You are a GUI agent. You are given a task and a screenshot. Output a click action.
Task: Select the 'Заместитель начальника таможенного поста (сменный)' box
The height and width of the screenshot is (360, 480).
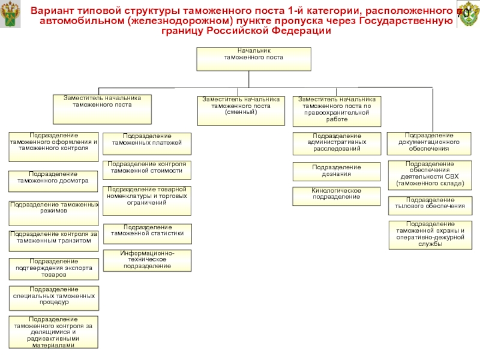point(241,110)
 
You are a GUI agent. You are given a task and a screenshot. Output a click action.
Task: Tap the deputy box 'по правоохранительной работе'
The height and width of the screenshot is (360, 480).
point(337,110)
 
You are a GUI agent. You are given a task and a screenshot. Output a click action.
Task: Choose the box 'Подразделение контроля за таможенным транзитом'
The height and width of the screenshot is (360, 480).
point(53,241)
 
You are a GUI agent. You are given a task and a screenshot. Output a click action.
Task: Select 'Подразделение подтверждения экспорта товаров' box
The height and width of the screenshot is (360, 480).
point(53,269)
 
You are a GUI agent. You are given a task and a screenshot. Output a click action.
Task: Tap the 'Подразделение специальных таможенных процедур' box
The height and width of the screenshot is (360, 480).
point(53,298)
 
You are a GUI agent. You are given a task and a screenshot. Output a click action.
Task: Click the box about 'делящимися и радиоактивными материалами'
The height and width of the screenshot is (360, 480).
point(53,332)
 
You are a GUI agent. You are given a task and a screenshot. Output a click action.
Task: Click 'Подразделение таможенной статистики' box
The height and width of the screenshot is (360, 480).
point(147,233)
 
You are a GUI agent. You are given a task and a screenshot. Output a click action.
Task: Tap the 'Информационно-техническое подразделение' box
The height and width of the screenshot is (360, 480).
point(147,260)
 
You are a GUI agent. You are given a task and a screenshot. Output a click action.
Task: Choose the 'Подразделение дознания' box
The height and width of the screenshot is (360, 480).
point(337,171)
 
